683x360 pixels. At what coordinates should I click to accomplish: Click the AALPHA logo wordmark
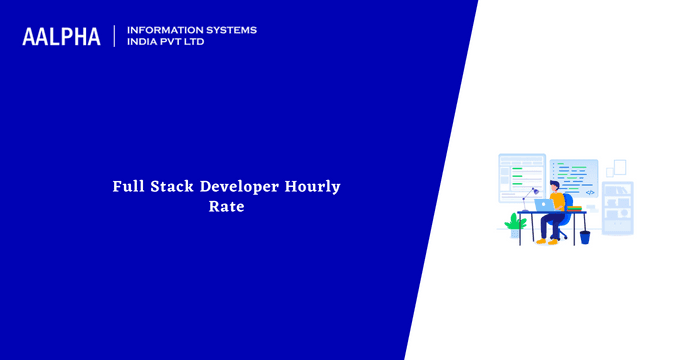click(62, 37)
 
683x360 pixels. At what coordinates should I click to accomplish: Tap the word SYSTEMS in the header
click(229, 30)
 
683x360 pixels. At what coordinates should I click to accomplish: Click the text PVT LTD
click(186, 42)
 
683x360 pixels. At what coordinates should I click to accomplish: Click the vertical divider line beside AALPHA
click(115, 37)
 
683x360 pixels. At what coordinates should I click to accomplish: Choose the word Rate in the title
click(227, 208)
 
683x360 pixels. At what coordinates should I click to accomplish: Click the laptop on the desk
click(545, 205)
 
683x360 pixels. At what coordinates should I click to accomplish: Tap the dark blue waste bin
click(585, 236)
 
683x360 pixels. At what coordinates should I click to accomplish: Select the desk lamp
click(527, 195)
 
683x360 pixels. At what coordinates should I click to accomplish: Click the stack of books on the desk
click(574, 207)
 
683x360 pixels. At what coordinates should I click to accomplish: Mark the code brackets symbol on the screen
click(590, 192)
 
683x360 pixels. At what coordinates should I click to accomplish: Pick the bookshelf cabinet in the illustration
click(618, 208)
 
